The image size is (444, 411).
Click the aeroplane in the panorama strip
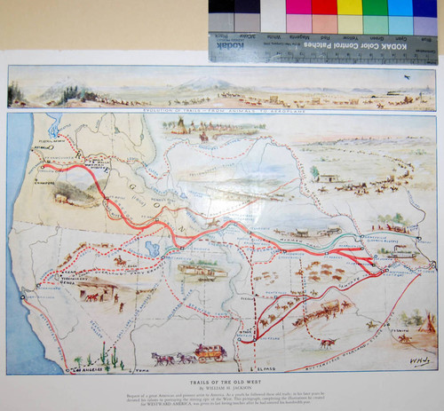(x=407, y=79)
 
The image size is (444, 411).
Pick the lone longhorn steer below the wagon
(x=328, y=342)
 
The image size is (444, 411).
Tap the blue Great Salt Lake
(x=152, y=247)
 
